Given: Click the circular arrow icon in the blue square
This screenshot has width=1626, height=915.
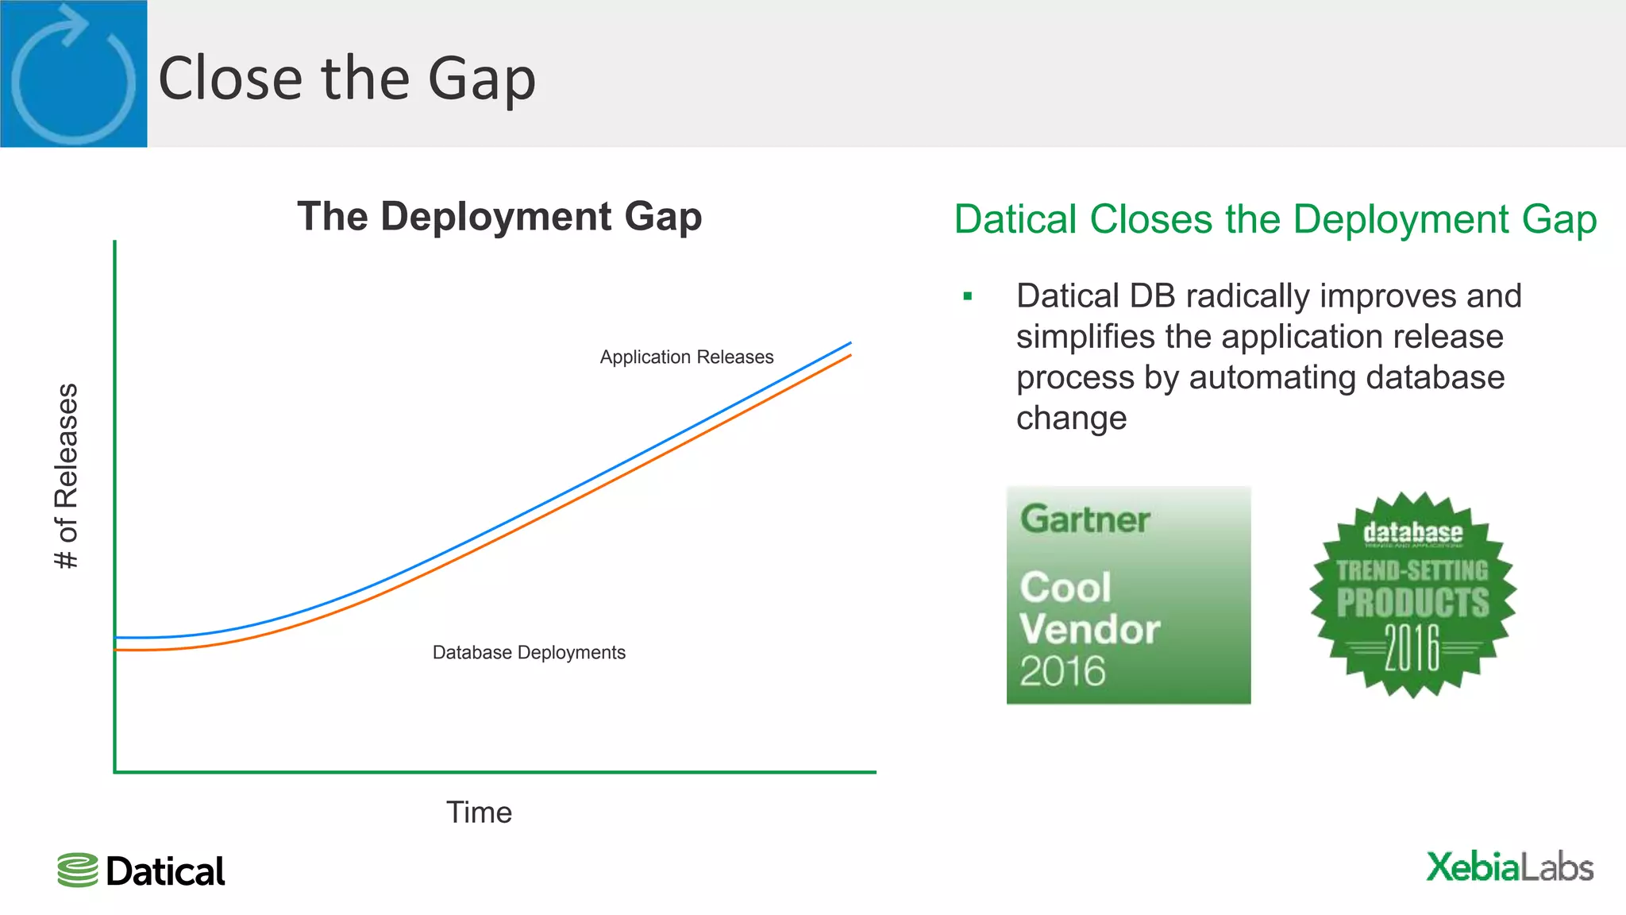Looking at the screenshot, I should pos(73,75).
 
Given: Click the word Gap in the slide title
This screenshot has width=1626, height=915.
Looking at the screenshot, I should pos(481,79).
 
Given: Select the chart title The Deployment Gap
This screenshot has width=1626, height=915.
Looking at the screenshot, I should pos(499,217).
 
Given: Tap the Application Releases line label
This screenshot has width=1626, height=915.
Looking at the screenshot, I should pos(686,357).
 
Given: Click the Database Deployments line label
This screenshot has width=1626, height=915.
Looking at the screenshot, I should pos(529,653).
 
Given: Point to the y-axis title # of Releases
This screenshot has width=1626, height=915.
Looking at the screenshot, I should pos(67,476).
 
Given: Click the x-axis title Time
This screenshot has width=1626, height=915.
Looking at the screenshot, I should pos(479,813).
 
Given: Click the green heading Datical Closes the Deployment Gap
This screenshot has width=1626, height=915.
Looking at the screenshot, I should pos(1275,220).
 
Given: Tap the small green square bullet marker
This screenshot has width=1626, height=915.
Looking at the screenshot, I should pos(967,297).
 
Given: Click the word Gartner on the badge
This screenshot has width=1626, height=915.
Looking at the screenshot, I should pos(1085,520).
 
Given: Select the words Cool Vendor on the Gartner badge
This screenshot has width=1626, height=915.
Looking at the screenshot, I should pos(1089,608).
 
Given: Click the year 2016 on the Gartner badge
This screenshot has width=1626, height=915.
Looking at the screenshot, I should pos(1062,672).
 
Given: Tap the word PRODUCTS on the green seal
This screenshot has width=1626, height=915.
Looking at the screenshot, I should pos(1412,603).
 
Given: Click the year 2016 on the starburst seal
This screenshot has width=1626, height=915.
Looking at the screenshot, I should pos(1412,647).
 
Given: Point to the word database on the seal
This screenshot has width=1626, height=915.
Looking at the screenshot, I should pos(1412,533).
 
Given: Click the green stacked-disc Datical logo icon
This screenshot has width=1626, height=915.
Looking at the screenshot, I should pos(78,871).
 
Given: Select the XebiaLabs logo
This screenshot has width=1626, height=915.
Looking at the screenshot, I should pos(1509,867).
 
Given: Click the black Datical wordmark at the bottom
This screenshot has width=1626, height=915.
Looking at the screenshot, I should pos(165,872).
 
